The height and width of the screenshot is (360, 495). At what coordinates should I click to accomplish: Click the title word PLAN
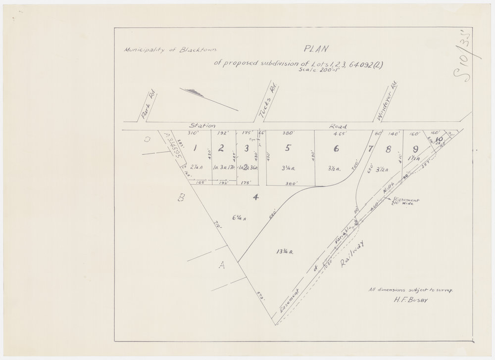coord(315,49)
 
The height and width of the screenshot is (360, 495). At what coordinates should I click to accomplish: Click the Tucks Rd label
coord(268,102)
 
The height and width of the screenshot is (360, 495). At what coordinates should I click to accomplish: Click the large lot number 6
coord(336,148)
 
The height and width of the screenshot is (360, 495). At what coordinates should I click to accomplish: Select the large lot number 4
coord(255,198)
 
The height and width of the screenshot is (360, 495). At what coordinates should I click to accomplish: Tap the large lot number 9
coord(415,148)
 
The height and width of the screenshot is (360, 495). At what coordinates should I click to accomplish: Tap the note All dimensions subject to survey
coord(410,290)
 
